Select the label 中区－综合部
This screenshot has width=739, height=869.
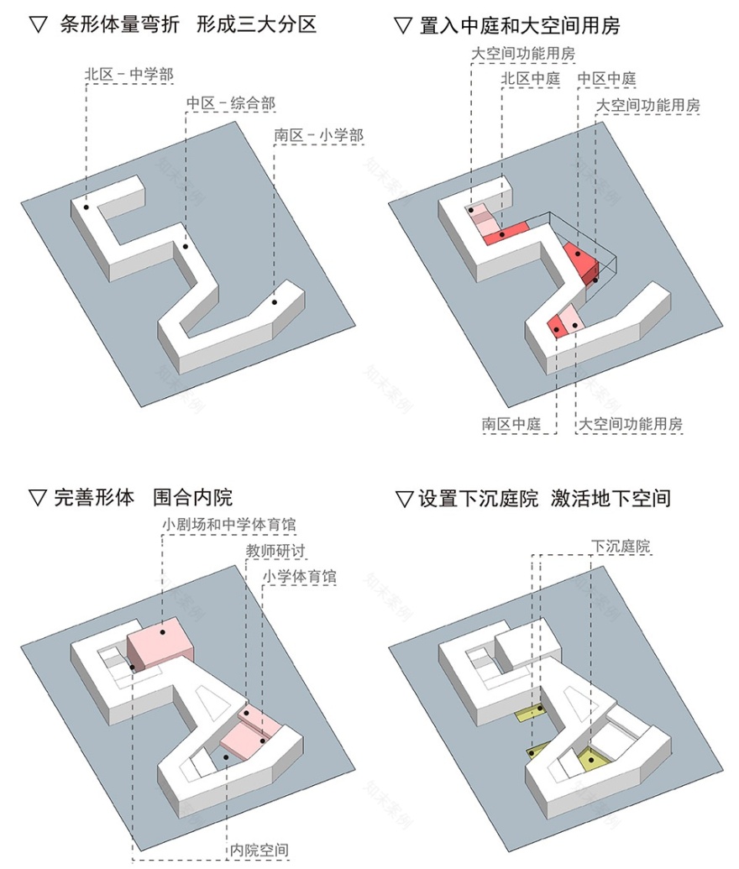[230, 103]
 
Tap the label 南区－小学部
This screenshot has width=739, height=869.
[318, 134]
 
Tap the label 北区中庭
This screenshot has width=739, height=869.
[530, 79]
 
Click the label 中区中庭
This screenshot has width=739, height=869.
[606, 79]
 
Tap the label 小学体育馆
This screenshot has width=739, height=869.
[299, 577]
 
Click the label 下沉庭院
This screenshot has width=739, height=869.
[621, 547]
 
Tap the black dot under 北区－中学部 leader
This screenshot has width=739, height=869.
[86, 206]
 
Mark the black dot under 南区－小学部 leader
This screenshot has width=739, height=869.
[274, 301]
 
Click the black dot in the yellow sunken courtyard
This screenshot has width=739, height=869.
[591, 761]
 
